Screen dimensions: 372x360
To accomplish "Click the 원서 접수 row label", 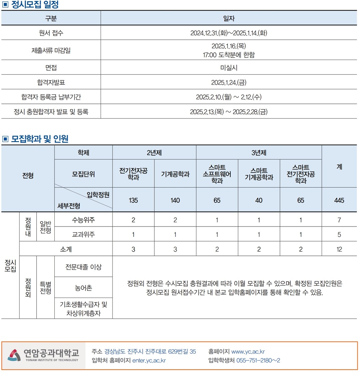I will click(51, 33).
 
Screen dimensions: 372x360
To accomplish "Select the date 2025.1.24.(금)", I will click(229, 82).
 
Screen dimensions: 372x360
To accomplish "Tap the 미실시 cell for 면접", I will click(229, 68).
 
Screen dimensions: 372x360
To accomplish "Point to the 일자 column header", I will click(229, 18).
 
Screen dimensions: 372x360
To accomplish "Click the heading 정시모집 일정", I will click(35, 5).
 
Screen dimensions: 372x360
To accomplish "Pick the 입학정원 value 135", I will click(133, 200).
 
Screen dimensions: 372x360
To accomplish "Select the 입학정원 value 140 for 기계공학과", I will click(175, 200).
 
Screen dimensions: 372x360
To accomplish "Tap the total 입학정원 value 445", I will click(339, 200).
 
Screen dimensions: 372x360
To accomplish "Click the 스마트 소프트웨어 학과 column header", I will click(217, 174).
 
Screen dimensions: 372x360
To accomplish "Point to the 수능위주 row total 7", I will click(339, 220).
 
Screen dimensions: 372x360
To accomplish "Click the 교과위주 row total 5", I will click(339, 235).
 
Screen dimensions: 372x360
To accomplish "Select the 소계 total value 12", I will click(339, 249).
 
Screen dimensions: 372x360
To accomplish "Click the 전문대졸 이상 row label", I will click(83, 267).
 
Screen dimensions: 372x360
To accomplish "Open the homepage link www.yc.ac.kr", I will click(248, 352).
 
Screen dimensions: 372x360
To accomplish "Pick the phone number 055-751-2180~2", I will click(258, 360).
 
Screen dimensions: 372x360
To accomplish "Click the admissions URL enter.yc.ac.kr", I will click(149, 360).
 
